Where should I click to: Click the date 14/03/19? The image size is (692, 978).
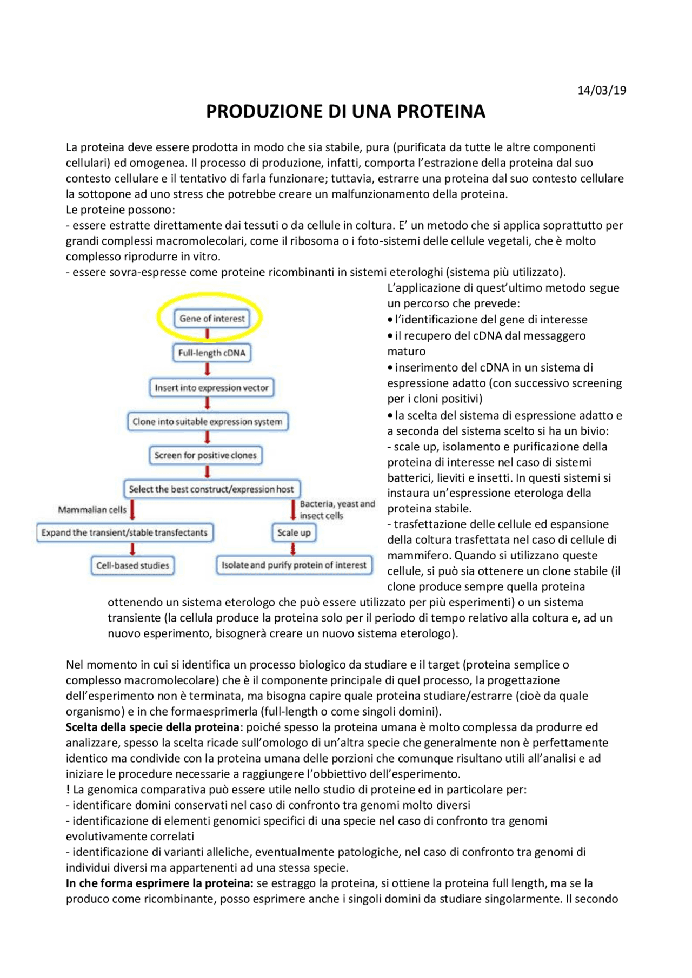pos(601,90)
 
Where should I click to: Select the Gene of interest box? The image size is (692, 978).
pos(212,319)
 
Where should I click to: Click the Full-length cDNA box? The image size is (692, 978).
pos(212,353)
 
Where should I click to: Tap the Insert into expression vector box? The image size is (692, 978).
pos(211,388)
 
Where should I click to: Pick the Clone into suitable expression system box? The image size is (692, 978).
pos(208,422)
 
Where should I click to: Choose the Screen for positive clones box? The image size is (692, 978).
pos(205,456)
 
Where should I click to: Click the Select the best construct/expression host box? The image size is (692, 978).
pos(211,489)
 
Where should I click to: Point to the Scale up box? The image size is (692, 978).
pos(294,533)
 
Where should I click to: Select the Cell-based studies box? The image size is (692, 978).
pos(132,566)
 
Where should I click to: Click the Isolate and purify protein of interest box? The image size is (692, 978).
pos(294,565)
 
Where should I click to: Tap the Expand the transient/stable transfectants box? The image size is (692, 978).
pos(124,533)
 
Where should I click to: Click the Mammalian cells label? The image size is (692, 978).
pos(92,510)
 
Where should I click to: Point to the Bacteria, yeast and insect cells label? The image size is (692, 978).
pos(337,510)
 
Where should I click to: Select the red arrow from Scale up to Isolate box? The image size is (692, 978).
pos(293,549)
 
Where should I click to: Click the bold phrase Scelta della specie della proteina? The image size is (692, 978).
pos(152,727)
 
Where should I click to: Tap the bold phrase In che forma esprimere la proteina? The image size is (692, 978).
pos(159,883)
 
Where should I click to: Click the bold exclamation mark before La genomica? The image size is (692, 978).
pos(68,790)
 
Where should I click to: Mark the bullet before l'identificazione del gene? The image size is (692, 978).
pos(390,320)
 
